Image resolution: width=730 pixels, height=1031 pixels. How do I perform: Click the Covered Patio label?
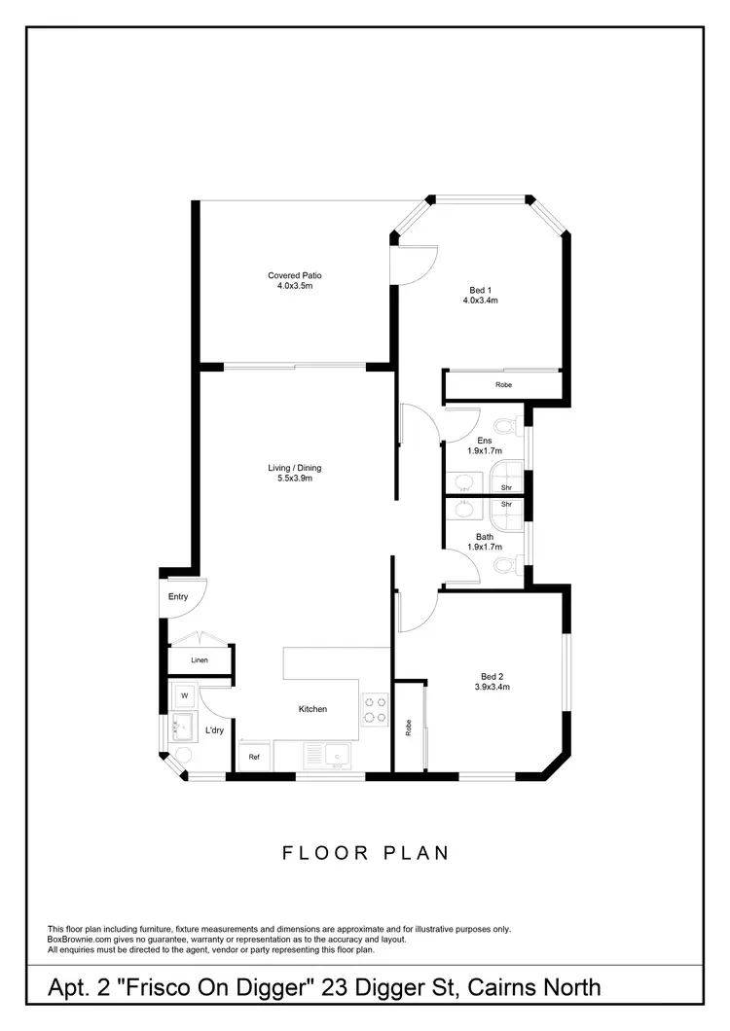point(295,281)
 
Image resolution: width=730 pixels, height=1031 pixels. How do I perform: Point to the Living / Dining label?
point(295,473)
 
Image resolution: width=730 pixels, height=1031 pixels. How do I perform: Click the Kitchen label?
point(312,709)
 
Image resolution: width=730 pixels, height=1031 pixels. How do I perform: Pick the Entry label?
point(177,596)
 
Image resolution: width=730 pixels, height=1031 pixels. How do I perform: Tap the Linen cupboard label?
point(200,659)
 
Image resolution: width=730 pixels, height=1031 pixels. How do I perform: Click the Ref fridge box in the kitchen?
point(254,757)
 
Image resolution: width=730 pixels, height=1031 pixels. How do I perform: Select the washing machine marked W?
point(184,695)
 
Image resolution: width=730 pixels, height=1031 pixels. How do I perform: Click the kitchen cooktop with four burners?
point(376,710)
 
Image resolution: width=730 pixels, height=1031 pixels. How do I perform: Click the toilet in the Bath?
point(507,566)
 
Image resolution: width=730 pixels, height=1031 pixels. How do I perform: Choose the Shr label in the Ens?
point(506,486)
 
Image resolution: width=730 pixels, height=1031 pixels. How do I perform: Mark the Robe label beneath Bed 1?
point(503,385)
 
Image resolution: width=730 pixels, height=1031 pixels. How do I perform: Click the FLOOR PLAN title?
point(365,853)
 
